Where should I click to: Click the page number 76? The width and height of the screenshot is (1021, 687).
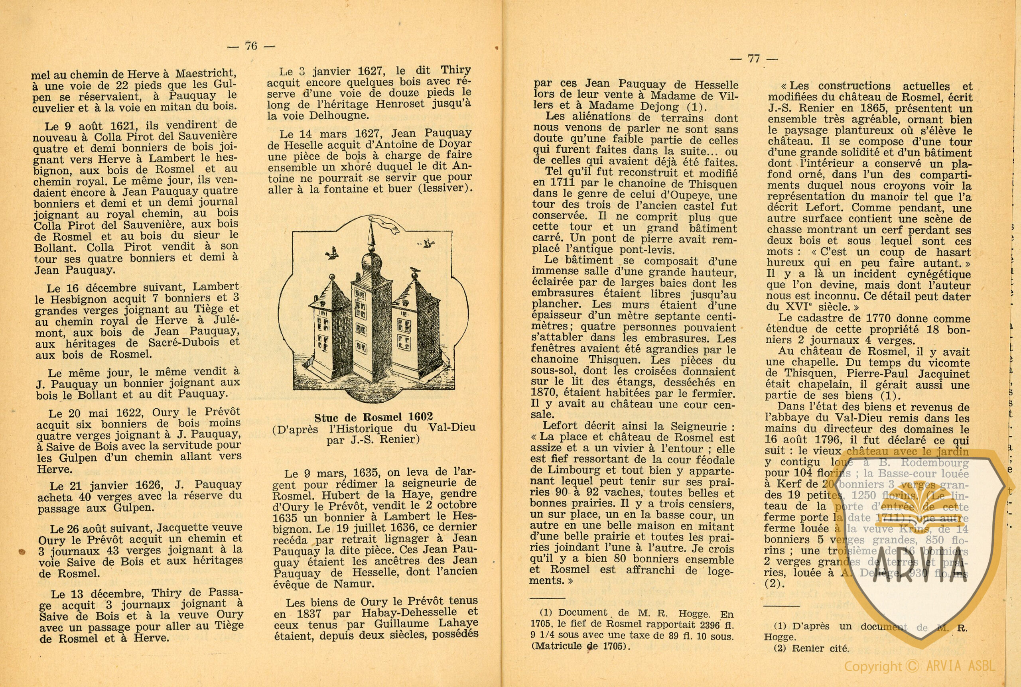click(251, 45)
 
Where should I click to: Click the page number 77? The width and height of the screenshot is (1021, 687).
click(753, 58)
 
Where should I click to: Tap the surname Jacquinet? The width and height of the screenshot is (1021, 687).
click(941, 374)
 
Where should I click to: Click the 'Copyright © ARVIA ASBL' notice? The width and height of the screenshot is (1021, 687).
click(920, 666)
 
